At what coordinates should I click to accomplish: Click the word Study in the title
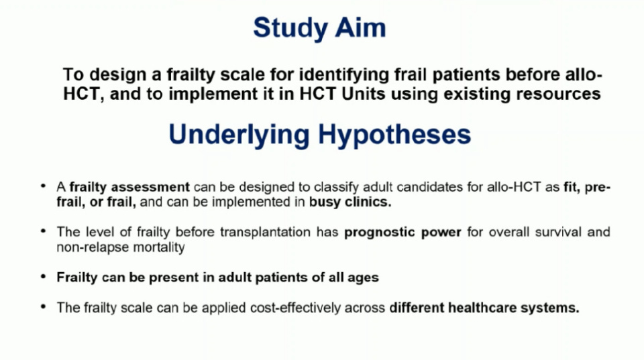[290, 29]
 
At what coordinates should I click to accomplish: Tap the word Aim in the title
[361, 27]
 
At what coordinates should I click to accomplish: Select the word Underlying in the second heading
[239, 135]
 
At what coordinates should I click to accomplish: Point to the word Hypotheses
[394, 135]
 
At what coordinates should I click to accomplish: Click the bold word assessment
[150, 187]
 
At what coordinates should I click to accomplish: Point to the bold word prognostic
[380, 233]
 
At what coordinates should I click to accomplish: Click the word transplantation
[265, 232]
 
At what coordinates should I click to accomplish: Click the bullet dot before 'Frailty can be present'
[43, 277]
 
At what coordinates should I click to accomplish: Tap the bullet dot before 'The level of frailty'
[43, 231]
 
